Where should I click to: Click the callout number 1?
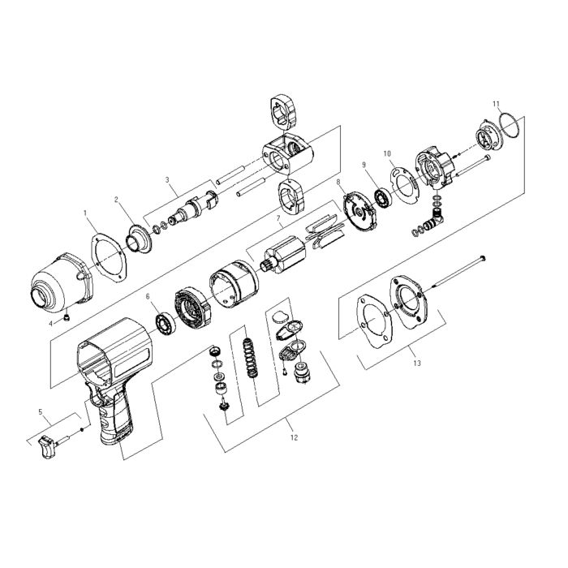click(85, 213)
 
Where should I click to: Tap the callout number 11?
click(497, 104)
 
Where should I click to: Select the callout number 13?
click(417, 363)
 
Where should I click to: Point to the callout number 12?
click(294, 437)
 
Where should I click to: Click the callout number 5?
click(41, 412)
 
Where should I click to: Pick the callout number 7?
click(278, 219)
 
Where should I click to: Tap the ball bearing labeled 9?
click(383, 198)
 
